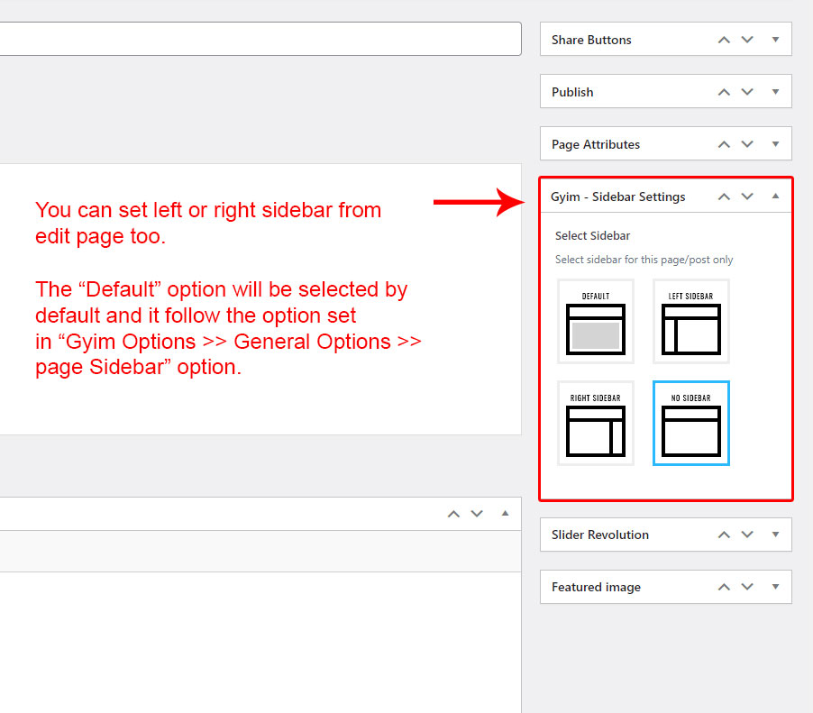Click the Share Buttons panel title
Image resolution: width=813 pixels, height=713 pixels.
click(591, 40)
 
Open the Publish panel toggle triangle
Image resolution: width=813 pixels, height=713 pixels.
click(775, 92)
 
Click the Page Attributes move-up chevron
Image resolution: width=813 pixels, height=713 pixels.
click(724, 144)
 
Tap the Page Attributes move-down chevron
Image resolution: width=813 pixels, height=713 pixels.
click(747, 144)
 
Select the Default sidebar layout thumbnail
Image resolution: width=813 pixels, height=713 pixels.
click(595, 322)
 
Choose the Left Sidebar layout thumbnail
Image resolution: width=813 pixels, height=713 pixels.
click(691, 322)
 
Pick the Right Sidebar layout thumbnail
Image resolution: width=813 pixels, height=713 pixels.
click(595, 423)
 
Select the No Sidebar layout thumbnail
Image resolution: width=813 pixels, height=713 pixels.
click(691, 423)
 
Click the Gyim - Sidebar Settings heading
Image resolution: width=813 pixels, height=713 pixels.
click(617, 197)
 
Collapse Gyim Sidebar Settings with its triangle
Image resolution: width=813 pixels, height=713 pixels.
click(775, 196)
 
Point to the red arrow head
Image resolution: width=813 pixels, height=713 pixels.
click(511, 202)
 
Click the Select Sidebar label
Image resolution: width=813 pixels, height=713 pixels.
click(592, 236)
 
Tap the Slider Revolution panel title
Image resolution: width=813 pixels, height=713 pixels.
click(600, 535)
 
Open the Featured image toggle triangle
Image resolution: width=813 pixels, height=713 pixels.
click(775, 587)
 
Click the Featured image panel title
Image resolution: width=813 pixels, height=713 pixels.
click(596, 587)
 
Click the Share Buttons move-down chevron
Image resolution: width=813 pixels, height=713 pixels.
click(747, 40)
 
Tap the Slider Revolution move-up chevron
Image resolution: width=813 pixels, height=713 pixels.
click(724, 535)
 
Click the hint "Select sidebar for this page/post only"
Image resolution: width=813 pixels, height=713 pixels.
click(644, 260)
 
